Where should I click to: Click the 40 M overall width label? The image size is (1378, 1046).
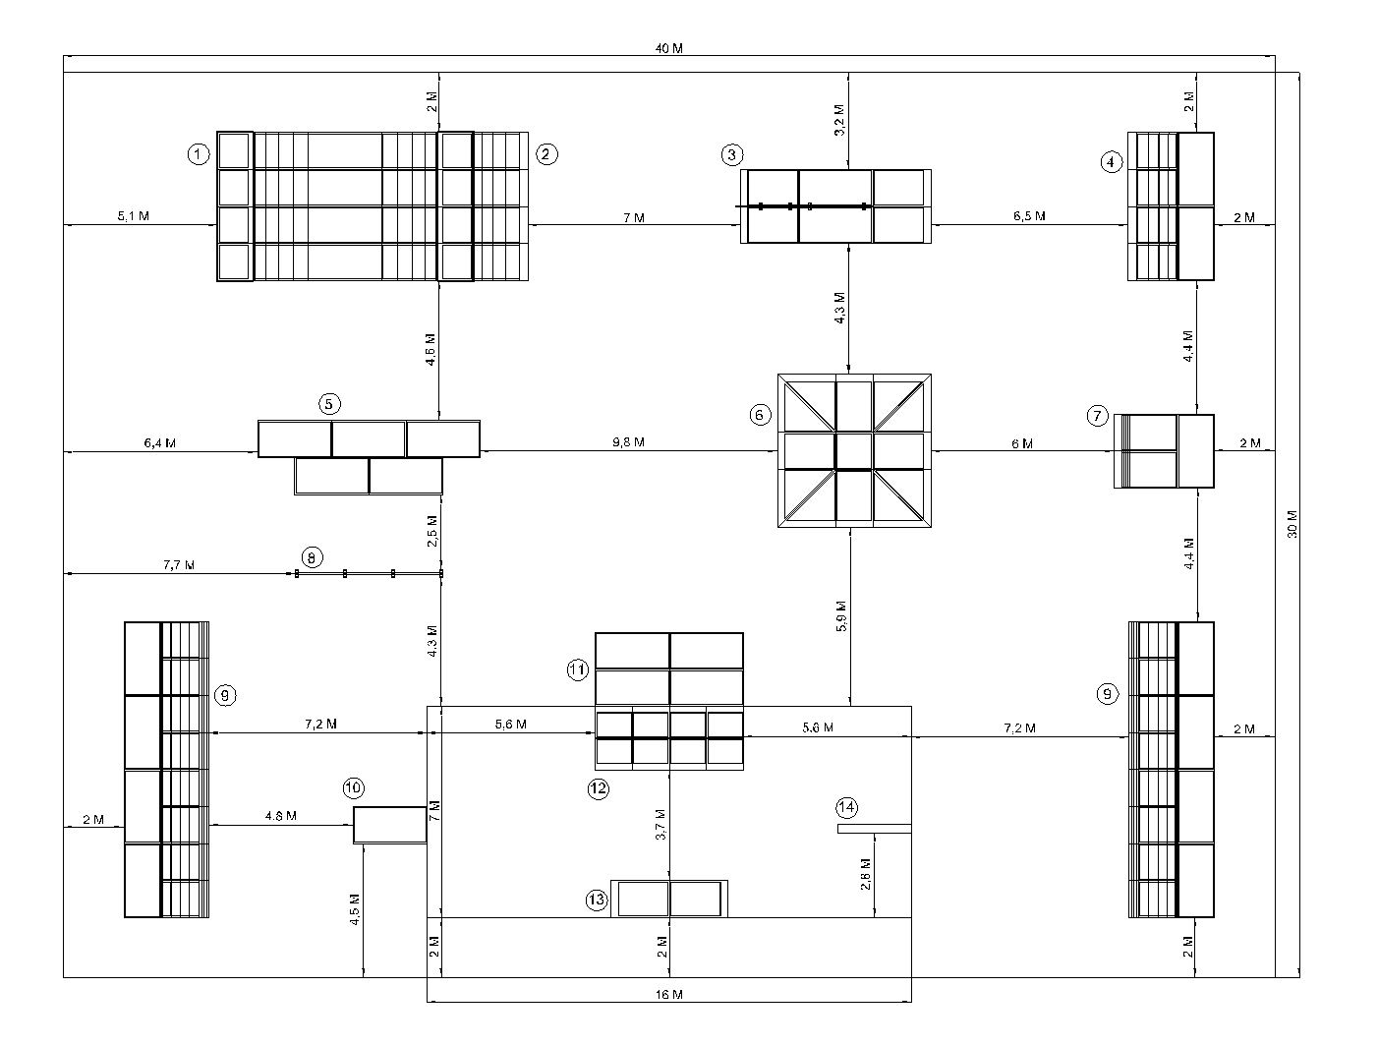coord(669,49)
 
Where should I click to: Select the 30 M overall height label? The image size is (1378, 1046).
coord(1292,524)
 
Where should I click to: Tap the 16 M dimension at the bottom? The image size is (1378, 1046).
coord(668,995)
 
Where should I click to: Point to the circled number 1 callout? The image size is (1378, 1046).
coord(199,154)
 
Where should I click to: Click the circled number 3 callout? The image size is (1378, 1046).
coord(731,154)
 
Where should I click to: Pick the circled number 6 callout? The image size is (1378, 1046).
coord(760,415)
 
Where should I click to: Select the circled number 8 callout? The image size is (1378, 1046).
coord(311,557)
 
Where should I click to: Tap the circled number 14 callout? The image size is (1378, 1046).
coord(847,807)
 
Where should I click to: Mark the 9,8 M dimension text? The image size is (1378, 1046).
coord(626,442)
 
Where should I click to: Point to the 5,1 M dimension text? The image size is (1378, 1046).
coord(134,216)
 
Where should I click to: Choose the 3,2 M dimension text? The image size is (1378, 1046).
coord(838,120)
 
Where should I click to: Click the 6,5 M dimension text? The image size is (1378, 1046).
coord(1029,216)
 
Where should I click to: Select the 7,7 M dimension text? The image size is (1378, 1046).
coord(179,565)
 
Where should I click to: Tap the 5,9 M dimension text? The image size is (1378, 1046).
coord(840,614)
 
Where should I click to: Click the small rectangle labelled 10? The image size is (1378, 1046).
coord(390,825)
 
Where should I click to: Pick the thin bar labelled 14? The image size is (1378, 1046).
coord(874,829)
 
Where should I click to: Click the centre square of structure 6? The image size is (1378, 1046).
coord(854,451)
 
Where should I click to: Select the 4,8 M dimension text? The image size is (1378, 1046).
coord(281,816)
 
